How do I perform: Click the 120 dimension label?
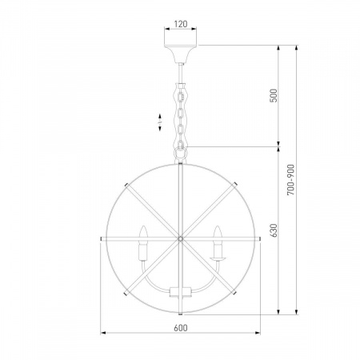click(181, 24)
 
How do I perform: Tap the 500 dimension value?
click(274, 95)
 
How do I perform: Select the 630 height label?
click(274, 230)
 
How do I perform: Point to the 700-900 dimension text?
click(291, 180)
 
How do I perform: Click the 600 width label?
click(181, 328)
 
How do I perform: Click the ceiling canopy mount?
click(181, 54)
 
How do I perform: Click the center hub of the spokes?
click(181, 238)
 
